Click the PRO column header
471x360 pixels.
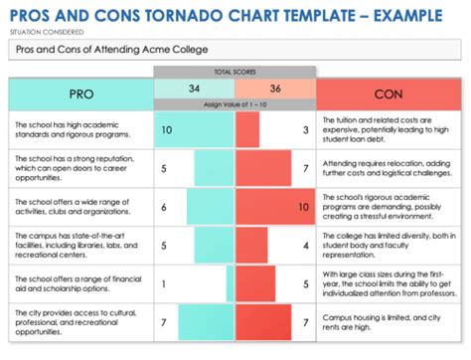[80, 94]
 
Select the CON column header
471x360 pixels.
[389, 94]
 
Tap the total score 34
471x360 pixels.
[195, 88]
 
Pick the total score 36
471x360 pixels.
[275, 88]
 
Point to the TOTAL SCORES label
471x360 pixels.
[235, 72]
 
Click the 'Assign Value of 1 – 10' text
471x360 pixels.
[235, 104]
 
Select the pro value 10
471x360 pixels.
[166, 130]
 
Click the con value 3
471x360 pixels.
[305, 130]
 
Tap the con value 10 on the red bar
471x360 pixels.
[302, 207]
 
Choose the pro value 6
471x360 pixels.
[163, 207]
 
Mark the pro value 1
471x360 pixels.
[163, 284]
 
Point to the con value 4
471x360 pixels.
[305, 246]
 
